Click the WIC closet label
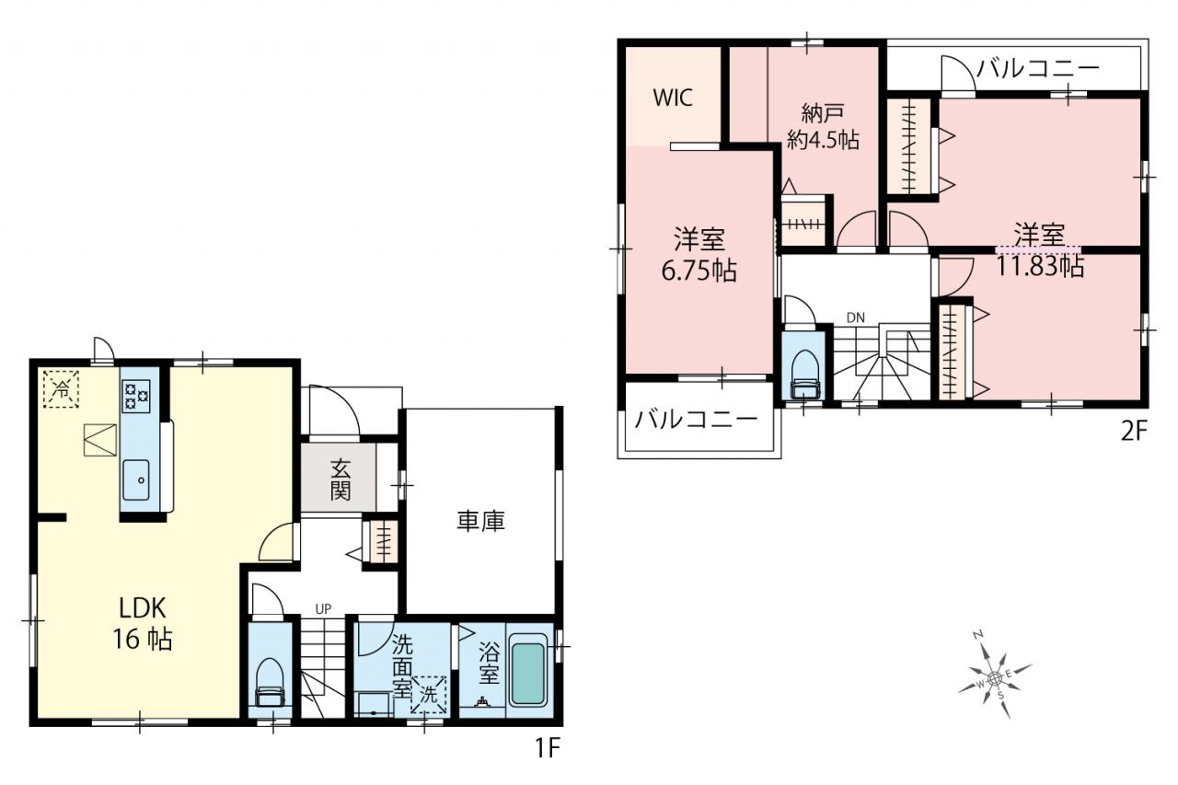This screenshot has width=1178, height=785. click(673, 98)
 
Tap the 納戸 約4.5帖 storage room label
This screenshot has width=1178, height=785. click(823, 126)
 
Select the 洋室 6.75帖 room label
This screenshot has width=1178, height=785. click(699, 255)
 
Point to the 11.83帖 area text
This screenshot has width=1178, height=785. click(1040, 266)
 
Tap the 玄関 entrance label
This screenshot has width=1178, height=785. click(341, 479)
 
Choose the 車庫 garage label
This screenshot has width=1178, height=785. click(480, 521)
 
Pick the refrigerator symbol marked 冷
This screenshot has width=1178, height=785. click(61, 389)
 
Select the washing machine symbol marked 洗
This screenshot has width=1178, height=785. click(428, 695)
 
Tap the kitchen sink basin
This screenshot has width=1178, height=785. click(136, 480)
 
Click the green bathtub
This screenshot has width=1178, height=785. click(526, 673)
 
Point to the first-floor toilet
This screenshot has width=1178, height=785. click(270, 683)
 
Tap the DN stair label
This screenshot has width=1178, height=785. click(856, 317)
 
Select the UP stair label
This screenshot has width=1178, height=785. click(323, 609)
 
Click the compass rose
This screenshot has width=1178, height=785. click(995, 678)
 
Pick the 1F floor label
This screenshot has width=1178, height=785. click(547, 747)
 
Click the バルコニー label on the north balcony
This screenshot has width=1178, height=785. click(1038, 68)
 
